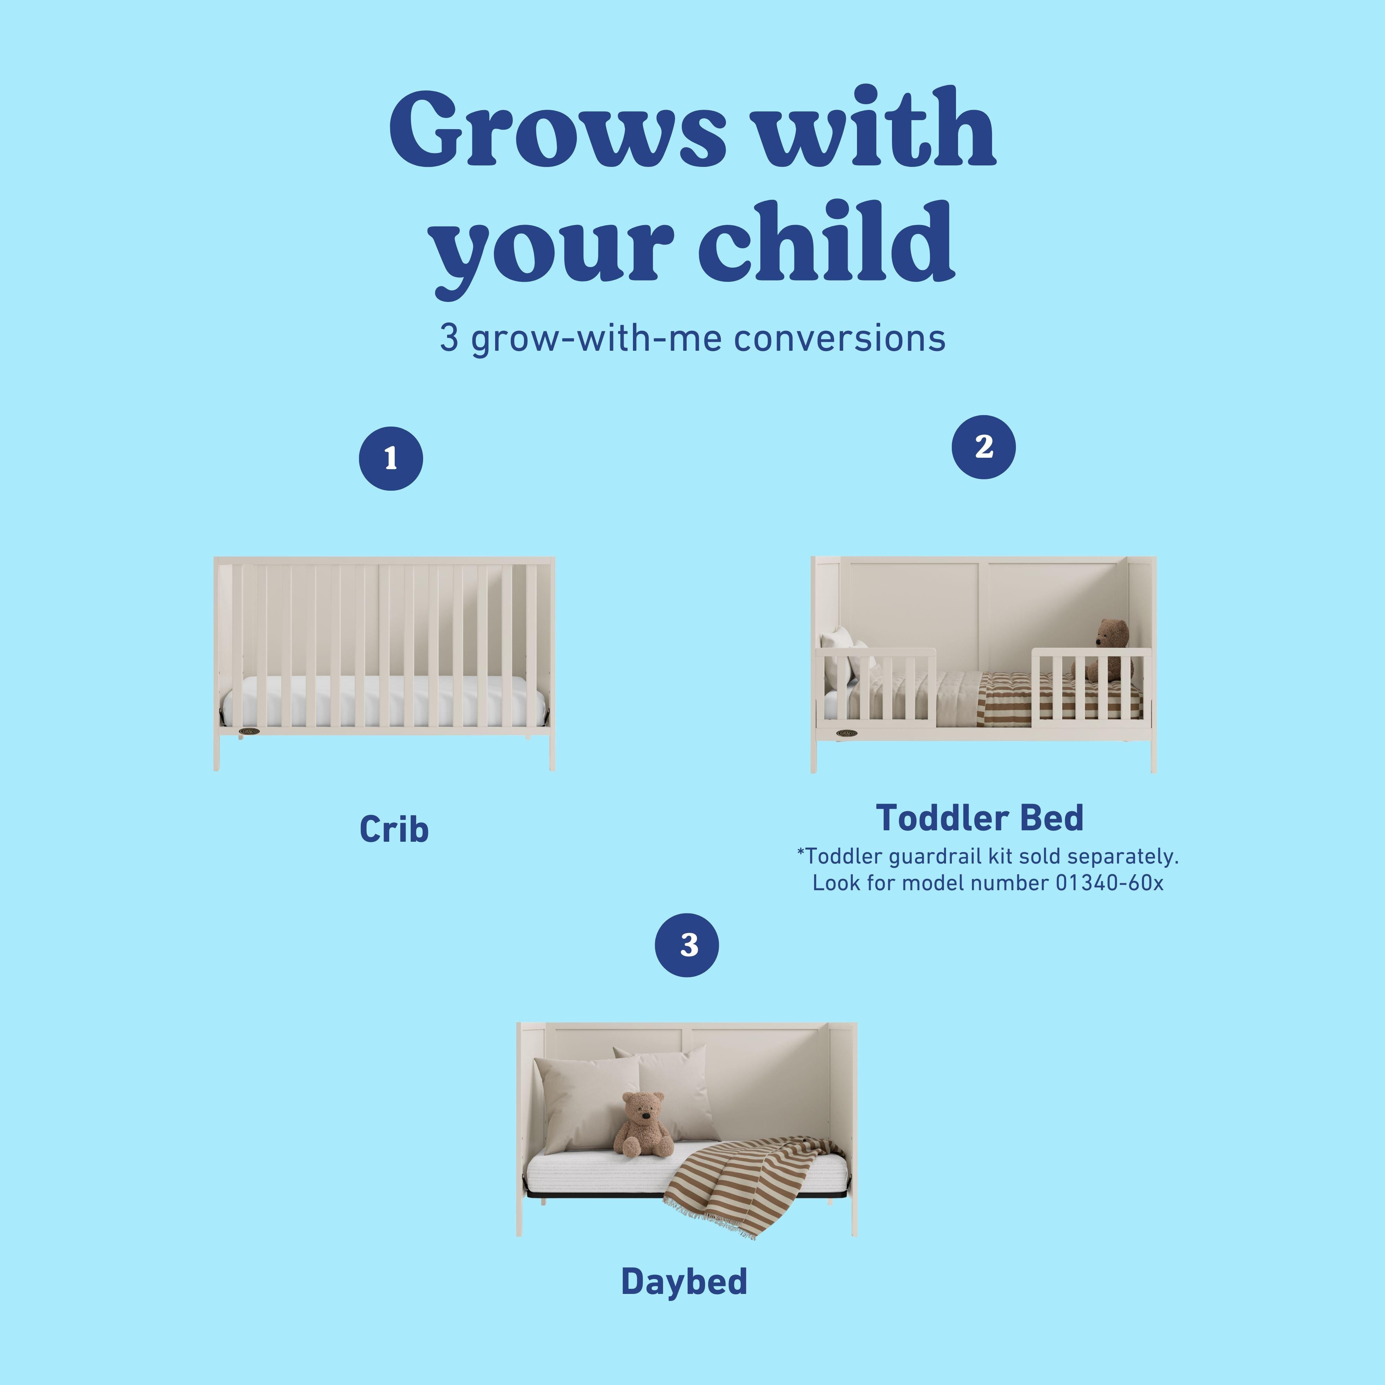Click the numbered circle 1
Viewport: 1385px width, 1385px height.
click(391, 459)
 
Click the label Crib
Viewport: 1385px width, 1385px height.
click(394, 829)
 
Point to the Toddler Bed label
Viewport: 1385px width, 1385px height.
click(979, 818)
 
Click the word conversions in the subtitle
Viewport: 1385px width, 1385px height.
click(839, 338)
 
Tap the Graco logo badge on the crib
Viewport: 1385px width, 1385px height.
click(249, 732)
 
